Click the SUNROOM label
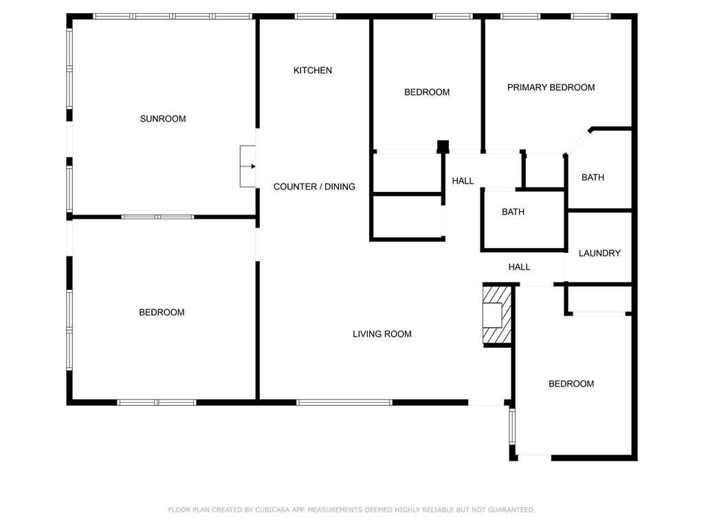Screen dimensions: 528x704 [x=163, y=119]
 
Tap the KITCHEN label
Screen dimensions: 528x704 [x=313, y=70]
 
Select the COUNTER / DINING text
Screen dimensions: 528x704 [x=314, y=186]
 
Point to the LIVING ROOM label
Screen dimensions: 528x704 [x=382, y=334]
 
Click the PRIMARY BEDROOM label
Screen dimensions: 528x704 [x=551, y=87]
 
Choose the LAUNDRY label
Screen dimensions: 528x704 [x=599, y=253]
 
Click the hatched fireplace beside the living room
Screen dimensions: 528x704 [x=496, y=314]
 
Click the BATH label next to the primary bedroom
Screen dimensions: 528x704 [x=593, y=177]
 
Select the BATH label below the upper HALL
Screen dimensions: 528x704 [x=513, y=212]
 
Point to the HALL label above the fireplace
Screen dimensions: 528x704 [x=519, y=267]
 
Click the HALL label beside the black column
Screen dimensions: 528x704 [x=463, y=181]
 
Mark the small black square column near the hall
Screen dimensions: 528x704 [x=443, y=146]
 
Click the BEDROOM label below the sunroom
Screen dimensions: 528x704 [x=162, y=312]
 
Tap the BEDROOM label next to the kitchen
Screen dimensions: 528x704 [x=427, y=92]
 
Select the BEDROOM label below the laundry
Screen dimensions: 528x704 [x=571, y=384]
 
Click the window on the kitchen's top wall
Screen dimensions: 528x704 [x=315, y=16]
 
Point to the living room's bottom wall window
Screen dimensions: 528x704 [x=344, y=402]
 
